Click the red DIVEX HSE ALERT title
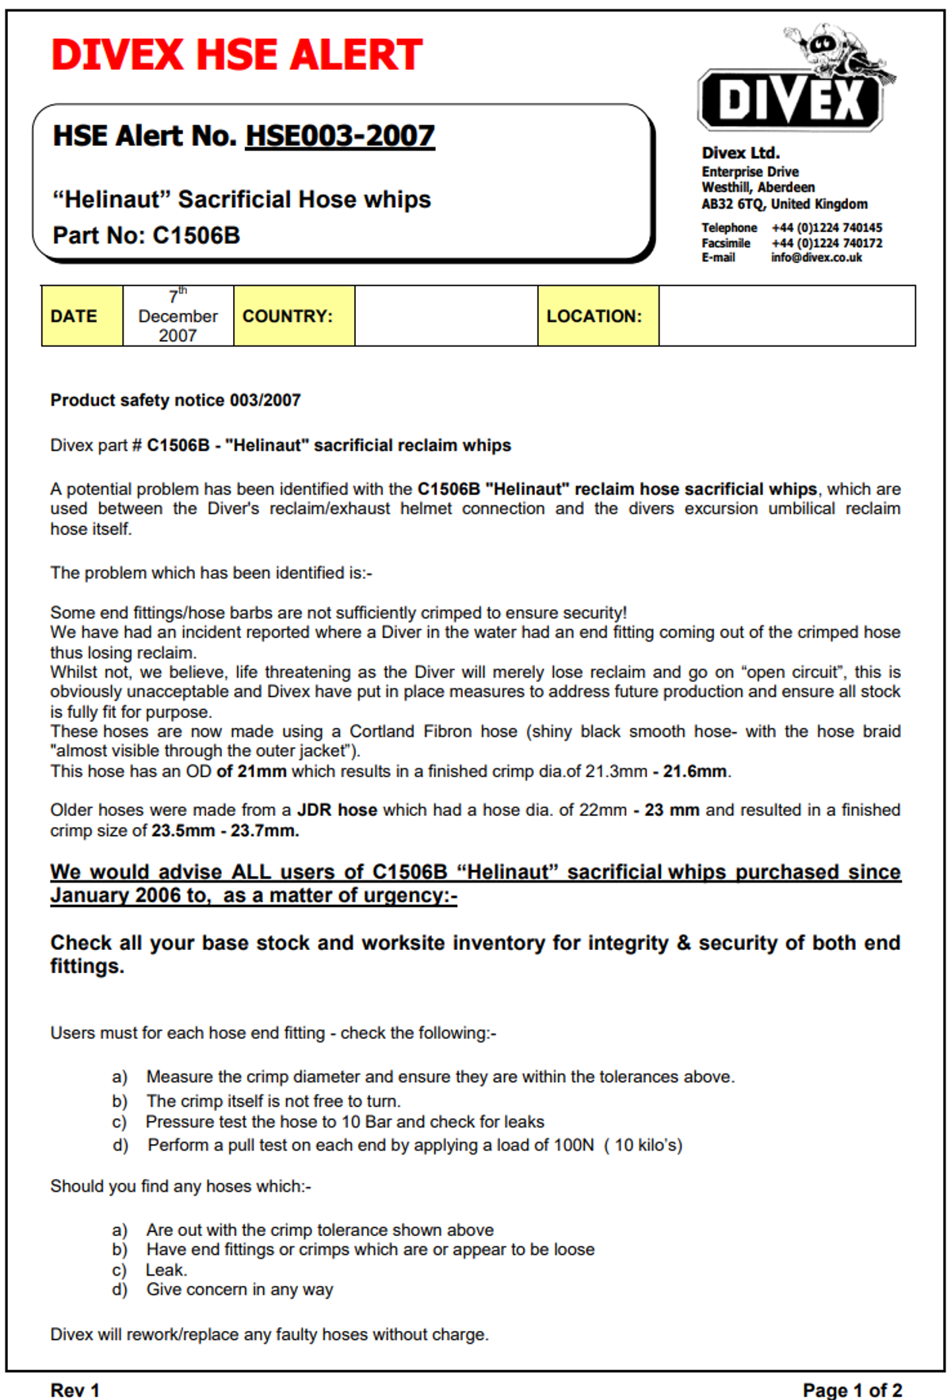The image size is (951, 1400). (x=236, y=55)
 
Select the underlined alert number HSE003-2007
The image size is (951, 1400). (x=340, y=136)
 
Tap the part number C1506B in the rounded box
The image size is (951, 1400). (x=196, y=235)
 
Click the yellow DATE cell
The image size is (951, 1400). (x=82, y=316)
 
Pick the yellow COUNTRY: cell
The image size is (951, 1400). (x=293, y=316)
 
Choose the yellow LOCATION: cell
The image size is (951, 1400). (x=598, y=316)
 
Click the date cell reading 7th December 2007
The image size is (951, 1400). (x=178, y=316)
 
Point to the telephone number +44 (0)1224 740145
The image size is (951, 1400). (x=827, y=228)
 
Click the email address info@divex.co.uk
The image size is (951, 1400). (x=816, y=257)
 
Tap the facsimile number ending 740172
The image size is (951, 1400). (x=827, y=243)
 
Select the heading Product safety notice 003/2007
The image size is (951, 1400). (x=175, y=400)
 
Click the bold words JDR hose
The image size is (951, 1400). (x=337, y=810)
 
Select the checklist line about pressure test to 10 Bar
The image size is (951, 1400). (x=345, y=1122)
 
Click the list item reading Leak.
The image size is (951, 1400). (x=166, y=1270)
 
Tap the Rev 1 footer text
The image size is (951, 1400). (x=74, y=1390)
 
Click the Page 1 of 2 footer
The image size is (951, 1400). (x=852, y=1390)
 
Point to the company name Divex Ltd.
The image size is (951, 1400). (x=740, y=153)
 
